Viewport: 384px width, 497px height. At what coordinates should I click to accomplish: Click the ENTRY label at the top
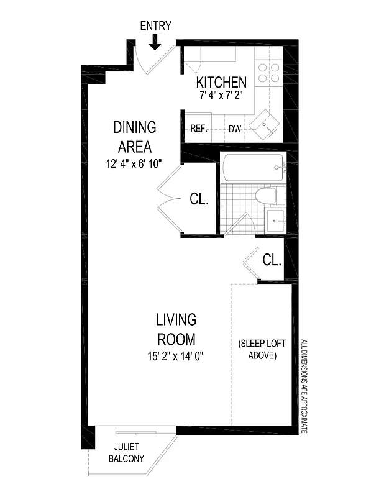coord(155,25)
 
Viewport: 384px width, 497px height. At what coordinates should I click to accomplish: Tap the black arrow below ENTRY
coord(155,42)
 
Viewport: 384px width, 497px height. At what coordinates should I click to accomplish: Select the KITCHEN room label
coord(221,82)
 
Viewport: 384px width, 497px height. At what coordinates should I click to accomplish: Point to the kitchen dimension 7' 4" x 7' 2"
coord(221,96)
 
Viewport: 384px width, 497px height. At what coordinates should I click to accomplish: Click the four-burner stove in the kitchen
coord(268,74)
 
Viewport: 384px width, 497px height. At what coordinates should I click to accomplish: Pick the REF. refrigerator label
coord(198,129)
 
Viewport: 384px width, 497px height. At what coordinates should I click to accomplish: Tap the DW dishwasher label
coord(235,129)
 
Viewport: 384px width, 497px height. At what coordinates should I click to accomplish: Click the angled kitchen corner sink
coord(266,124)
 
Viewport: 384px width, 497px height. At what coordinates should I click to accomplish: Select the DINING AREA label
coord(134,137)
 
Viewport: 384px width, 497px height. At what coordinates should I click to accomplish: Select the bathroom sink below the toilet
coord(275,219)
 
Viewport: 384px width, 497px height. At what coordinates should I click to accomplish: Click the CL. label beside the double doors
coord(199,199)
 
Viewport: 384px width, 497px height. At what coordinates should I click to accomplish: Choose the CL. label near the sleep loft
coord(272,260)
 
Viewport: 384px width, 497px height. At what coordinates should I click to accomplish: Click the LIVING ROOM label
coord(176,330)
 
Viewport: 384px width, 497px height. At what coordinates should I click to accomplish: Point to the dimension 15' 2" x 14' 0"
coord(176,357)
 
